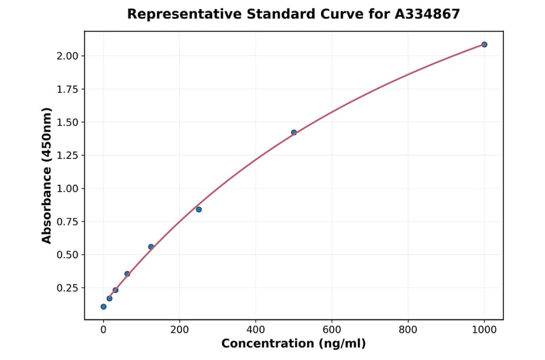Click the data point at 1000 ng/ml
(484, 44)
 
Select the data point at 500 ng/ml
(294, 132)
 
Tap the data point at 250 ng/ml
(199, 209)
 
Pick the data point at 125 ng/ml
(151, 247)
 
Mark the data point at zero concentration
(104, 307)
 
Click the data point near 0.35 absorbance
(127, 273)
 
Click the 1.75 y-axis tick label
(67, 89)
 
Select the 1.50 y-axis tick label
(67, 122)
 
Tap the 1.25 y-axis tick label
(67, 155)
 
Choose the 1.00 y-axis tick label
(67, 188)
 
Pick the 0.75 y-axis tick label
(67, 221)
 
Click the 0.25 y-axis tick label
(67, 287)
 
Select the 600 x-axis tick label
(332, 330)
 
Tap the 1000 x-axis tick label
(484, 330)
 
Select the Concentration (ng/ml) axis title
(294, 344)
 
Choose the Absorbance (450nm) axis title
(47, 176)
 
